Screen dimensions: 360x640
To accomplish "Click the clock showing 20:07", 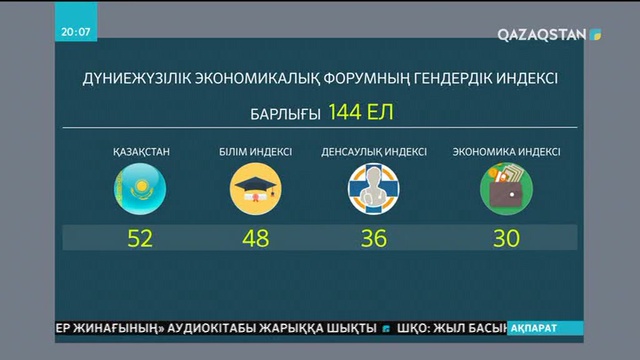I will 76,31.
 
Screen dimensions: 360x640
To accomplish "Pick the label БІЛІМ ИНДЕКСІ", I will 256,152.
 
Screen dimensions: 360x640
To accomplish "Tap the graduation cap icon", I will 256,190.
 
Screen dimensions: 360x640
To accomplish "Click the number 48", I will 256,238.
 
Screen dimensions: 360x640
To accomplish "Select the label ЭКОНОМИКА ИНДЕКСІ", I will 506,152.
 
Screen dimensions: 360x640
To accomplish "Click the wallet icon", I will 506,190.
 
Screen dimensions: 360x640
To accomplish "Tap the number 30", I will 506,238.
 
